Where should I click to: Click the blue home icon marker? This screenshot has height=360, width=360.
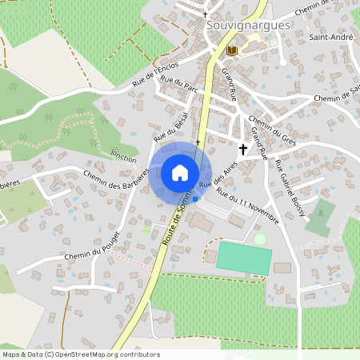pyautogui.click(x=180, y=173)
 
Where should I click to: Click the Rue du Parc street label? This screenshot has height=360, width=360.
pyautogui.click(x=178, y=83)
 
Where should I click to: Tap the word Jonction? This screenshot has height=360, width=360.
pyautogui.click(x=124, y=154)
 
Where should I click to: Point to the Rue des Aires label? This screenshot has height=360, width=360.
pyautogui.click(x=218, y=174)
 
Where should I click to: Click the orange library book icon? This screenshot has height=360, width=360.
pyautogui.click(x=232, y=50)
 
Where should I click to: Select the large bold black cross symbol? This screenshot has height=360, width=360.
pyautogui.click(x=243, y=149)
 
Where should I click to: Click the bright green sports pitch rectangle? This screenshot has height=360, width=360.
pyautogui.click(x=244, y=257)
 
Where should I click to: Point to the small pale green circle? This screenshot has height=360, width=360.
pyautogui.click(x=259, y=239)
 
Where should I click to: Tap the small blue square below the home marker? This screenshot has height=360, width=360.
pyautogui.click(x=195, y=198)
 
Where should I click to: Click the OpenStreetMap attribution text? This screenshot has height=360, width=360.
pyautogui.click(x=80, y=354)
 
